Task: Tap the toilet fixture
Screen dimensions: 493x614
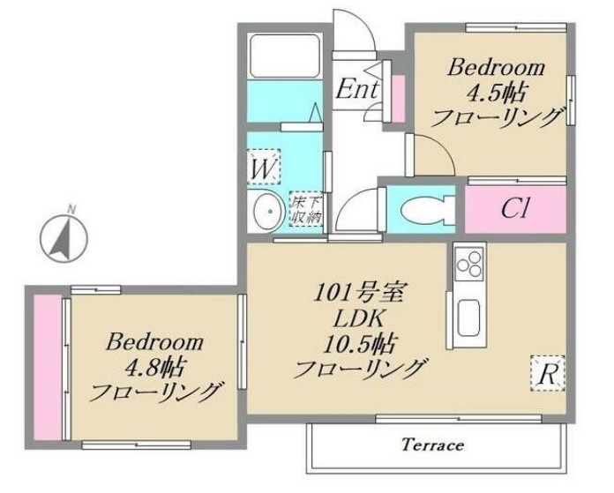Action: click(421, 209)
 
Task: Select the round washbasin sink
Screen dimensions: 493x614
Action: click(266, 211)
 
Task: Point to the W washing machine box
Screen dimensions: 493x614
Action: click(263, 166)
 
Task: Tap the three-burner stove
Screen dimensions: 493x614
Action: click(468, 263)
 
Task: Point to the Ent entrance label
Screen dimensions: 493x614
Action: click(357, 88)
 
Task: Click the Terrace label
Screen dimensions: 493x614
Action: click(433, 444)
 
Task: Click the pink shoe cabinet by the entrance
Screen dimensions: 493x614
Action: click(397, 98)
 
